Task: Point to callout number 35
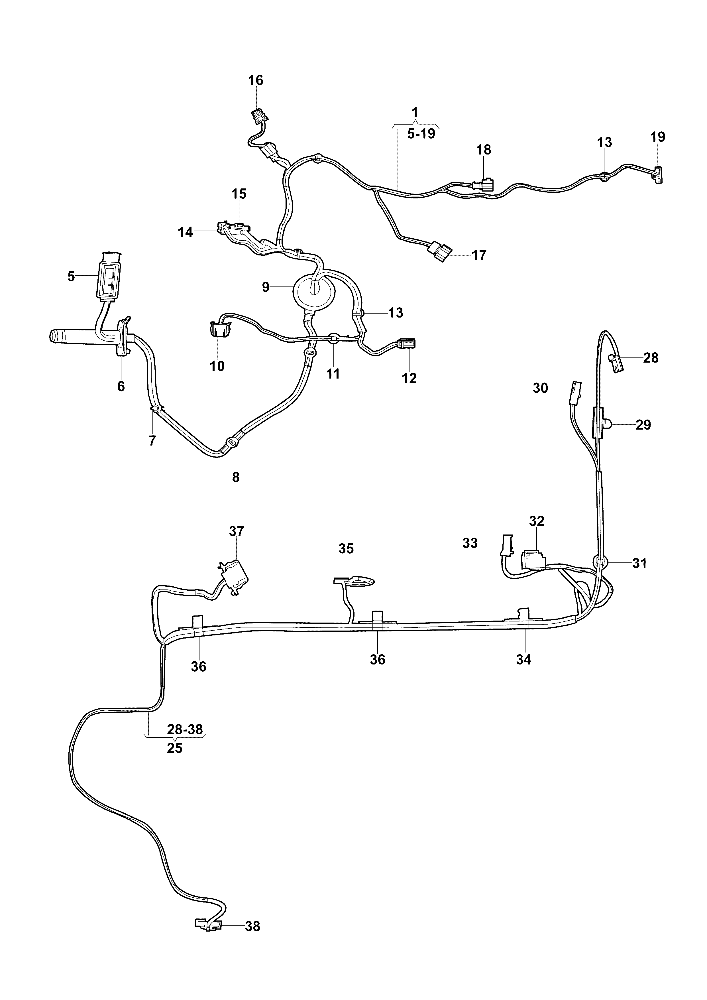click(346, 548)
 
